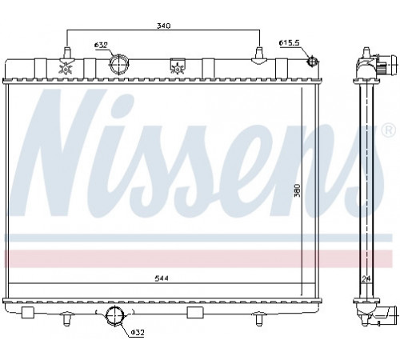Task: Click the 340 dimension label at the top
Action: pyautogui.click(x=163, y=26)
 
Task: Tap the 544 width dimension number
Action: pyautogui.click(x=162, y=278)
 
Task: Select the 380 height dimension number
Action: pyautogui.click(x=297, y=190)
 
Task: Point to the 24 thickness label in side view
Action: pyautogui.click(x=366, y=279)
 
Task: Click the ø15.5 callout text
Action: pyautogui.click(x=290, y=42)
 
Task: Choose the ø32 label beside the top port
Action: pyautogui.click(x=101, y=45)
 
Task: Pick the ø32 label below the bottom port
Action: pyautogui.click(x=138, y=333)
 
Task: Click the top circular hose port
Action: pyautogui.click(x=119, y=64)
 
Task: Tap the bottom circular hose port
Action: pyautogui.click(x=114, y=315)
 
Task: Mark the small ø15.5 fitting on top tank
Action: pyautogui.click(x=311, y=62)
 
